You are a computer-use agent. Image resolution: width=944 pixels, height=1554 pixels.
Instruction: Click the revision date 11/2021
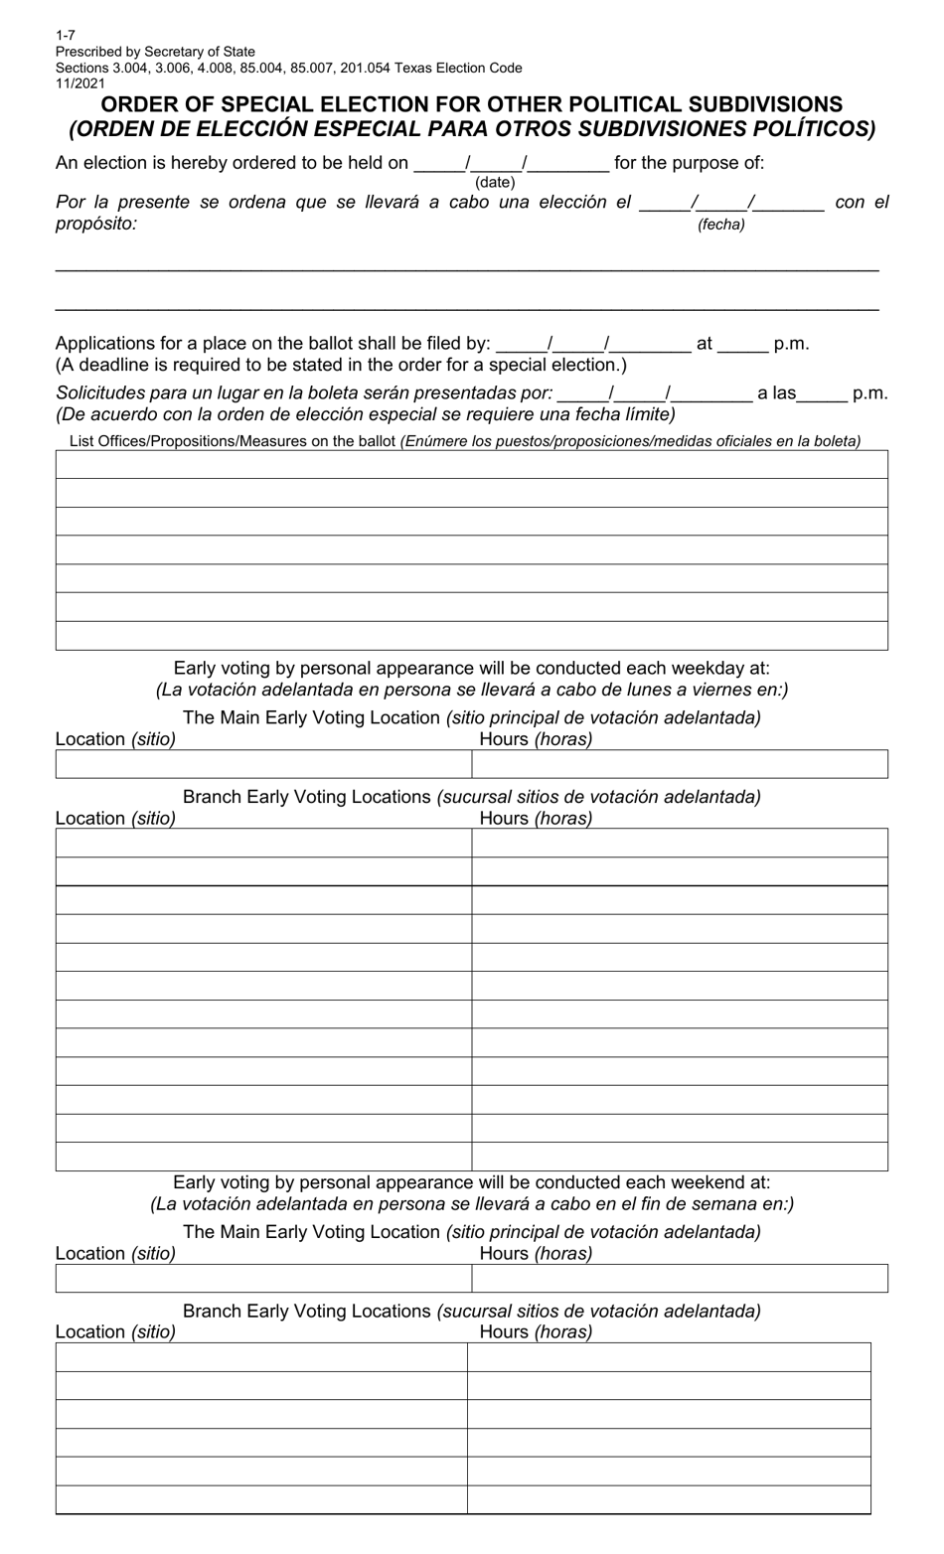[79, 84]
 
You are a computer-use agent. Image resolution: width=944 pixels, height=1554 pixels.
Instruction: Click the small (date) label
[495, 183]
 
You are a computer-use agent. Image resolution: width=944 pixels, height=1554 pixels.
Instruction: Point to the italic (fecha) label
[720, 225]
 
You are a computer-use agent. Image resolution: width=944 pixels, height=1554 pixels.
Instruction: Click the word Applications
[107, 344]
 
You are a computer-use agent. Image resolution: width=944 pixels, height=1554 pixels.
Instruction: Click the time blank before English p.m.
[742, 344]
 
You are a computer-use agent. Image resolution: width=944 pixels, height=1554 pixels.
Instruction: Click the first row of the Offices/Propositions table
[471, 465]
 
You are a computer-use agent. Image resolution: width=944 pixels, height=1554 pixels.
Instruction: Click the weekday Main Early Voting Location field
[262, 764]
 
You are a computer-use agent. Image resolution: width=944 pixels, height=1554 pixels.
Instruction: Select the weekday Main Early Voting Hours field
[679, 764]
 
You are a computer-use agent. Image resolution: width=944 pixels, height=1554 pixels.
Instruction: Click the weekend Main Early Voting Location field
[262, 1278]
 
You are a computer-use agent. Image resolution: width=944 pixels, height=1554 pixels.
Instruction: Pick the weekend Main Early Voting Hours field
[679, 1278]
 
